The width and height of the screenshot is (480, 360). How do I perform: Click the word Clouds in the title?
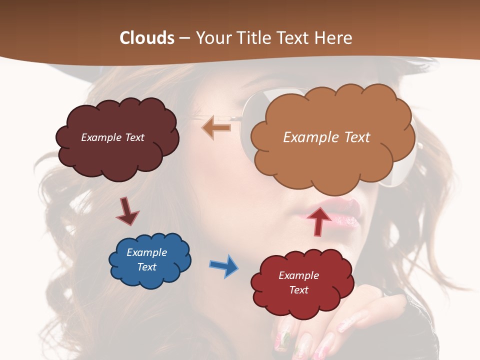pyautogui.click(x=147, y=37)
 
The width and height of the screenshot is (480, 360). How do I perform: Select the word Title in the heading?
pyautogui.click(x=257, y=37)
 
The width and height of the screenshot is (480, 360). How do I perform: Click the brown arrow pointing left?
pyautogui.click(x=216, y=128)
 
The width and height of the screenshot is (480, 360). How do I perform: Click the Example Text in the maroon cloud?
pyautogui.click(x=112, y=137)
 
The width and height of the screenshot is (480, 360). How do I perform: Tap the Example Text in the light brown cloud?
pyautogui.click(x=326, y=137)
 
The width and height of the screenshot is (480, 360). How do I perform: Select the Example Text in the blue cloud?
pyautogui.click(x=147, y=259)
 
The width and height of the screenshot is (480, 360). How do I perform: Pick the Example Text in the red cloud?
pyautogui.click(x=298, y=282)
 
